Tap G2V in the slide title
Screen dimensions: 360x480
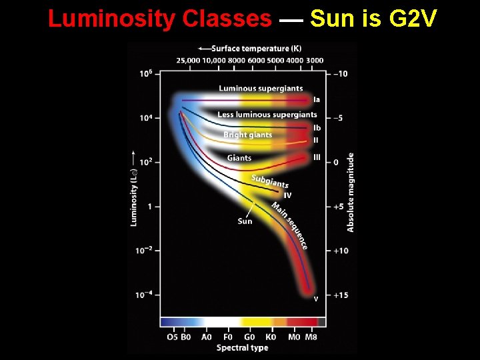tap(412, 19)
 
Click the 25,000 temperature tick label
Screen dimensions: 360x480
tap(188, 60)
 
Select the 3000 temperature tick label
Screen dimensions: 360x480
tap(315, 60)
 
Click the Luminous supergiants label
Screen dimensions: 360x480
tap(261, 88)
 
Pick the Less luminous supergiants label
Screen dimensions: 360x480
tap(267, 115)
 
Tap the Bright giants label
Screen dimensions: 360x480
tap(248, 135)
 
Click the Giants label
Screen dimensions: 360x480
tap(239, 158)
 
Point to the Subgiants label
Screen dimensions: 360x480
tap(270, 181)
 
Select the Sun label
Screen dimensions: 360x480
tap(245, 221)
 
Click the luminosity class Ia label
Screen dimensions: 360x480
tap(317, 99)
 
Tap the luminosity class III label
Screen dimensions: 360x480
tap(317, 157)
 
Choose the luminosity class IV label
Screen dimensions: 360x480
tap(287, 195)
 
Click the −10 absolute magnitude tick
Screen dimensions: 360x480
tap(341, 73)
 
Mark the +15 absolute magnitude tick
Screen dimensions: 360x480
tap(341, 295)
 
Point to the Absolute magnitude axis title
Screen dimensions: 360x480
tap(351, 192)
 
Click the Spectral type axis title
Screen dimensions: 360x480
tap(243, 347)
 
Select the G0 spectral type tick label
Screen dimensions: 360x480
tap(249, 337)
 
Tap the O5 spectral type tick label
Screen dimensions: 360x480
tap(172, 337)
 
